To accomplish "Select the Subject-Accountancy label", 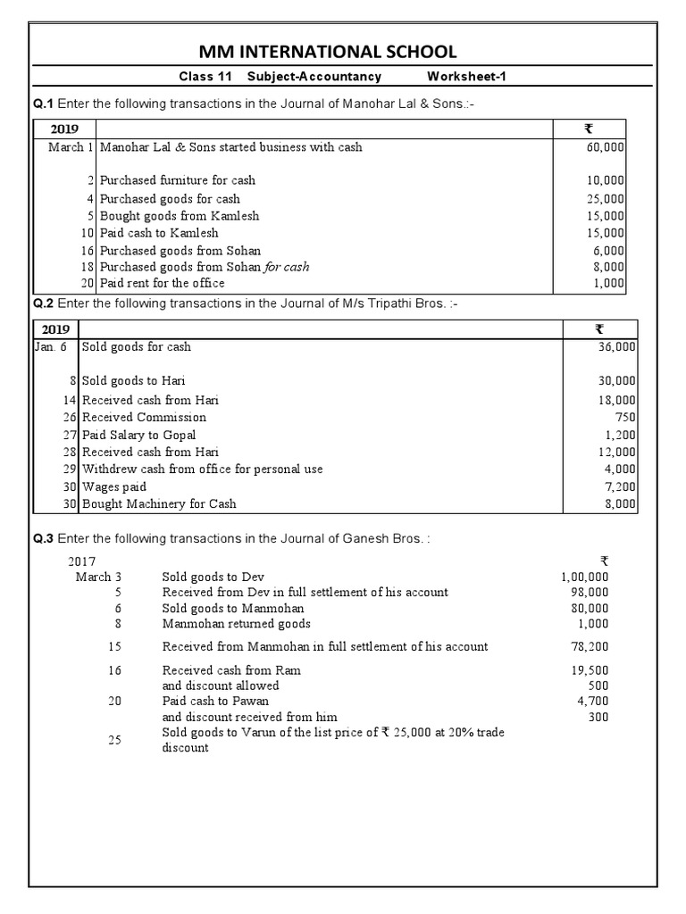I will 314,77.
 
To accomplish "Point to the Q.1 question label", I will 44,104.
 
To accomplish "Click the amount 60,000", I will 605,147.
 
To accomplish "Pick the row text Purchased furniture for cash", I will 178,180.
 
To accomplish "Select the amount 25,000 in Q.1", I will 605,199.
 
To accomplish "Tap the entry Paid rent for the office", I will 163,283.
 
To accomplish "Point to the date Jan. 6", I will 51,346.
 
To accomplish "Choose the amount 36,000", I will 615,346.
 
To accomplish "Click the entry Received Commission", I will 144,417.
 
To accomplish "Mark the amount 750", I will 625,417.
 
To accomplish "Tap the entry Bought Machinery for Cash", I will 159,504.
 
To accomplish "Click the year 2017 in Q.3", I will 82,561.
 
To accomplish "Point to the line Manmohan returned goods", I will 236,624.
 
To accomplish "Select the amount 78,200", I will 590,646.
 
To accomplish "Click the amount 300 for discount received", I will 598,717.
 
